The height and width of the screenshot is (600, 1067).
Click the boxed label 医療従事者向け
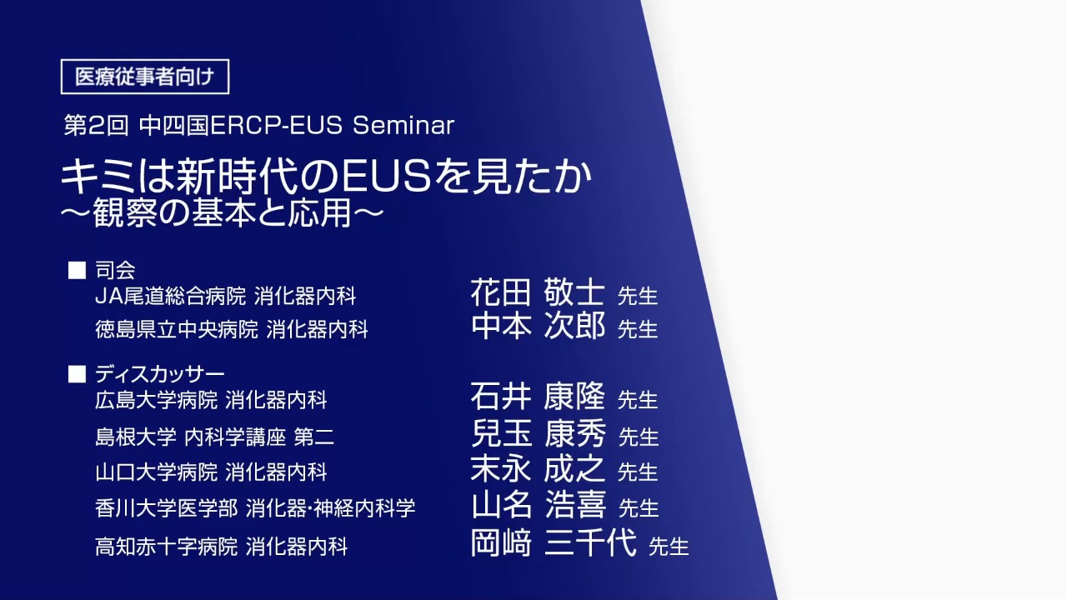click(x=145, y=77)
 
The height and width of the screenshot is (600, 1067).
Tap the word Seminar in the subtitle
click(x=403, y=125)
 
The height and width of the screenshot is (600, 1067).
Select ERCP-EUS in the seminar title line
click(x=276, y=125)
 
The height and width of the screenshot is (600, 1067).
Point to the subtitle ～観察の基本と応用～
click(x=223, y=212)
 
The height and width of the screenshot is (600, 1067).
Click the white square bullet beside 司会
click(x=77, y=270)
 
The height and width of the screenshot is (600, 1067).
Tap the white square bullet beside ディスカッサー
click(x=77, y=374)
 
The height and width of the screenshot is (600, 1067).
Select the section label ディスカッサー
click(x=160, y=374)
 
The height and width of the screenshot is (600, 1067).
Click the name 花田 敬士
click(x=538, y=292)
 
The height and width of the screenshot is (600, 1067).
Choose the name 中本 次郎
click(x=539, y=326)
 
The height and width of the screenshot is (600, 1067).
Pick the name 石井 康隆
click(x=538, y=396)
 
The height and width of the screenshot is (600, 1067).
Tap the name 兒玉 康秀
click(x=539, y=432)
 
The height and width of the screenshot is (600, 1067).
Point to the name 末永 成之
click(x=538, y=468)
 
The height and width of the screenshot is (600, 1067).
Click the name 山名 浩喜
click(x=539, y=504)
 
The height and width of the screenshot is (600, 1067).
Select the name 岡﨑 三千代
click(x=554, y=542)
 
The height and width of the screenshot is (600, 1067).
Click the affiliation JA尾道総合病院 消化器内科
click(x=226, y=296)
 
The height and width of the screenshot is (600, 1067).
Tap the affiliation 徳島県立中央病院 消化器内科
click(x=232, y=329)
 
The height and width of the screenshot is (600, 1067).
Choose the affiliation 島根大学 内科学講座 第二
click(x=215, y=437)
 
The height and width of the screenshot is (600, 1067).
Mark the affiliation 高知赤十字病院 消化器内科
click(x=222, y=546)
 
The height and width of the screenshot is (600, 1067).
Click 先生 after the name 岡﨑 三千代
click(x=669, y=546)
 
